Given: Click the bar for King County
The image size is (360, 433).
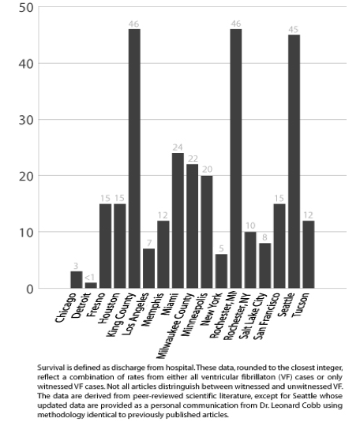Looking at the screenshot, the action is pyautogui.click(x=134, y=159).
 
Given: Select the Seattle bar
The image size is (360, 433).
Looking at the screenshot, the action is pyautogui.click(x=294, y=162).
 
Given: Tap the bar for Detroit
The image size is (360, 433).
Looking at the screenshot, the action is pyautogui.click(x=91, y=286).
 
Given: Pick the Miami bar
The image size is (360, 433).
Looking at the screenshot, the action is pyautogui.click(x=178, y=221).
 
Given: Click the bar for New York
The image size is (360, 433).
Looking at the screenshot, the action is pyautogui.click(x=222, y=271).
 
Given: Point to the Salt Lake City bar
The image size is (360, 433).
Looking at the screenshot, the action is pyautogui.click(x=265, y=266).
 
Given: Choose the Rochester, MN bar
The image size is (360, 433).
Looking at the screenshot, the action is pyautogui.click(x=236, y=159).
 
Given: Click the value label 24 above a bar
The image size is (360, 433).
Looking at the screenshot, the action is pyautogui.click(x=178, y=147).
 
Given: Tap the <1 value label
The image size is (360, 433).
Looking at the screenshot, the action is pyautogui.click(x=89, y=278).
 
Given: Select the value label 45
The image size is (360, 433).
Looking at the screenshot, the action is pyautogui.click(x=294, y=29).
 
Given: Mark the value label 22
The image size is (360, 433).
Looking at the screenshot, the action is pyautogui.click(x=193, y=159).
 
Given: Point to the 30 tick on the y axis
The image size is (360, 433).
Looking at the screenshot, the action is pyautogui.click(x=26, y=120).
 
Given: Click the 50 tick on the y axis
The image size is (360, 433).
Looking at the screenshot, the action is pyautogui.click(x=26, y=7).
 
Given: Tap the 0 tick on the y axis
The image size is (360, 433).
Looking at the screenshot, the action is pyautogui.click(x=30, y=289).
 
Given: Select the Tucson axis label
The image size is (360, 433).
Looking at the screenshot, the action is pyautogui.click(x=301, y=305).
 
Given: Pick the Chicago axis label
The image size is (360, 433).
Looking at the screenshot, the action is pyautogui.click(x=66, y=308).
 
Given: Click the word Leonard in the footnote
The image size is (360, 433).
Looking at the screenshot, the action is pyautogui.click(x=294, y=405).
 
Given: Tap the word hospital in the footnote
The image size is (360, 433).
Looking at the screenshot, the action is pyautogui.click(x=180, y=368).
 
